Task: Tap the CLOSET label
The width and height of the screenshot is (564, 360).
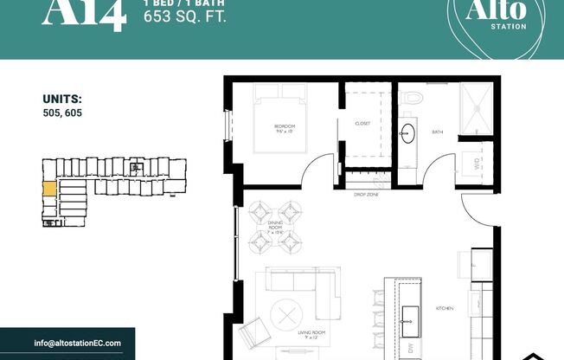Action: point(362,124)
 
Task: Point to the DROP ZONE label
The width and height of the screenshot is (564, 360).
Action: point(366,195)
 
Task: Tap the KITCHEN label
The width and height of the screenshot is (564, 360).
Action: point(445,307)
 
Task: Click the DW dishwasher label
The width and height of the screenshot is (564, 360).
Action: point(410,349)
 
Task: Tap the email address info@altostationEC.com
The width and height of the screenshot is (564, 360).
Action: point(78,344)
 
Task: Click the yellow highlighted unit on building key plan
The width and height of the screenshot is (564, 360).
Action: point(49,187)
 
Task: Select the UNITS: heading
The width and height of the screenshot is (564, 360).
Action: point(61,99)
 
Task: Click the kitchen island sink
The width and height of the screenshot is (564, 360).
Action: point(411,312)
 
